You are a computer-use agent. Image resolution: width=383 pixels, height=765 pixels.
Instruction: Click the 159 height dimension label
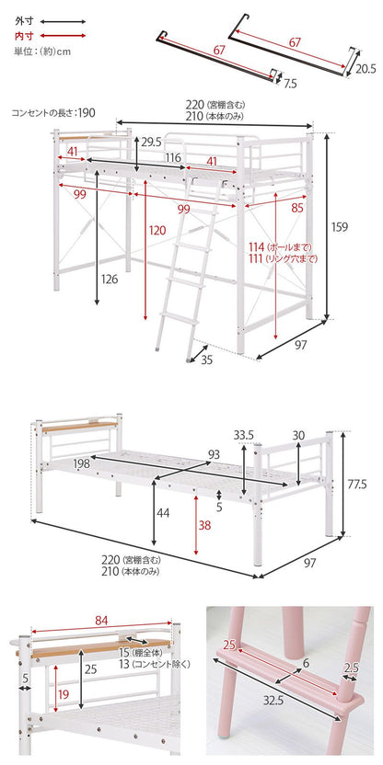click(x=340, y=226)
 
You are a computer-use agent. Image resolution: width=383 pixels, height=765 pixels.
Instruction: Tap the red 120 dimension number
click(x=157, y=230)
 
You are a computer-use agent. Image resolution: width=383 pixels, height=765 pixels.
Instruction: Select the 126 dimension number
click(x=110, y=280)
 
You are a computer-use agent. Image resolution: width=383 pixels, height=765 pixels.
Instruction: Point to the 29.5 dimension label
click(x=151, y=143)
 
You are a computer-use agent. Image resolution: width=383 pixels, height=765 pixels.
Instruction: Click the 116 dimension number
click(x=173, y=157)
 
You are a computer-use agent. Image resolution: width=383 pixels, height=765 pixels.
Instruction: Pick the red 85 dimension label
click(x=297, y=209)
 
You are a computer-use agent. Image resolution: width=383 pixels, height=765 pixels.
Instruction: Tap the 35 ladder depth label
click(x=208, y=360)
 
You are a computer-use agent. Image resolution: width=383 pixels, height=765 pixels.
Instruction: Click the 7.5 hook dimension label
click(x=290, y=84)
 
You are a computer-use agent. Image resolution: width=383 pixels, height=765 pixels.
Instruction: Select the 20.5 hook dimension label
click(x=366, y=69)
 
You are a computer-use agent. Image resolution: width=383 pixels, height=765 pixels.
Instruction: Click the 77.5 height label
click(x=362, y=485)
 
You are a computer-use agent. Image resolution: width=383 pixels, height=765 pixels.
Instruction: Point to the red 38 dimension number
click(x=204, y=525)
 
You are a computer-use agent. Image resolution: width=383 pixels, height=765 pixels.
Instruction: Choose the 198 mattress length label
click(x=81, y=463)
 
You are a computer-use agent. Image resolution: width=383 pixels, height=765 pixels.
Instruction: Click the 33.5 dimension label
click(x=243, y=435)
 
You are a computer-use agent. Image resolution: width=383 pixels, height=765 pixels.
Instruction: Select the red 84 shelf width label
click(x=101, y=620)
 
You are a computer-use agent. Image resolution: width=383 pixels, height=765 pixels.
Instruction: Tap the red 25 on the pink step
click(x=229, y=645)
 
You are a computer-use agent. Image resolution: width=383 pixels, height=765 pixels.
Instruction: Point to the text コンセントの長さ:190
click(x=53, y=113)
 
